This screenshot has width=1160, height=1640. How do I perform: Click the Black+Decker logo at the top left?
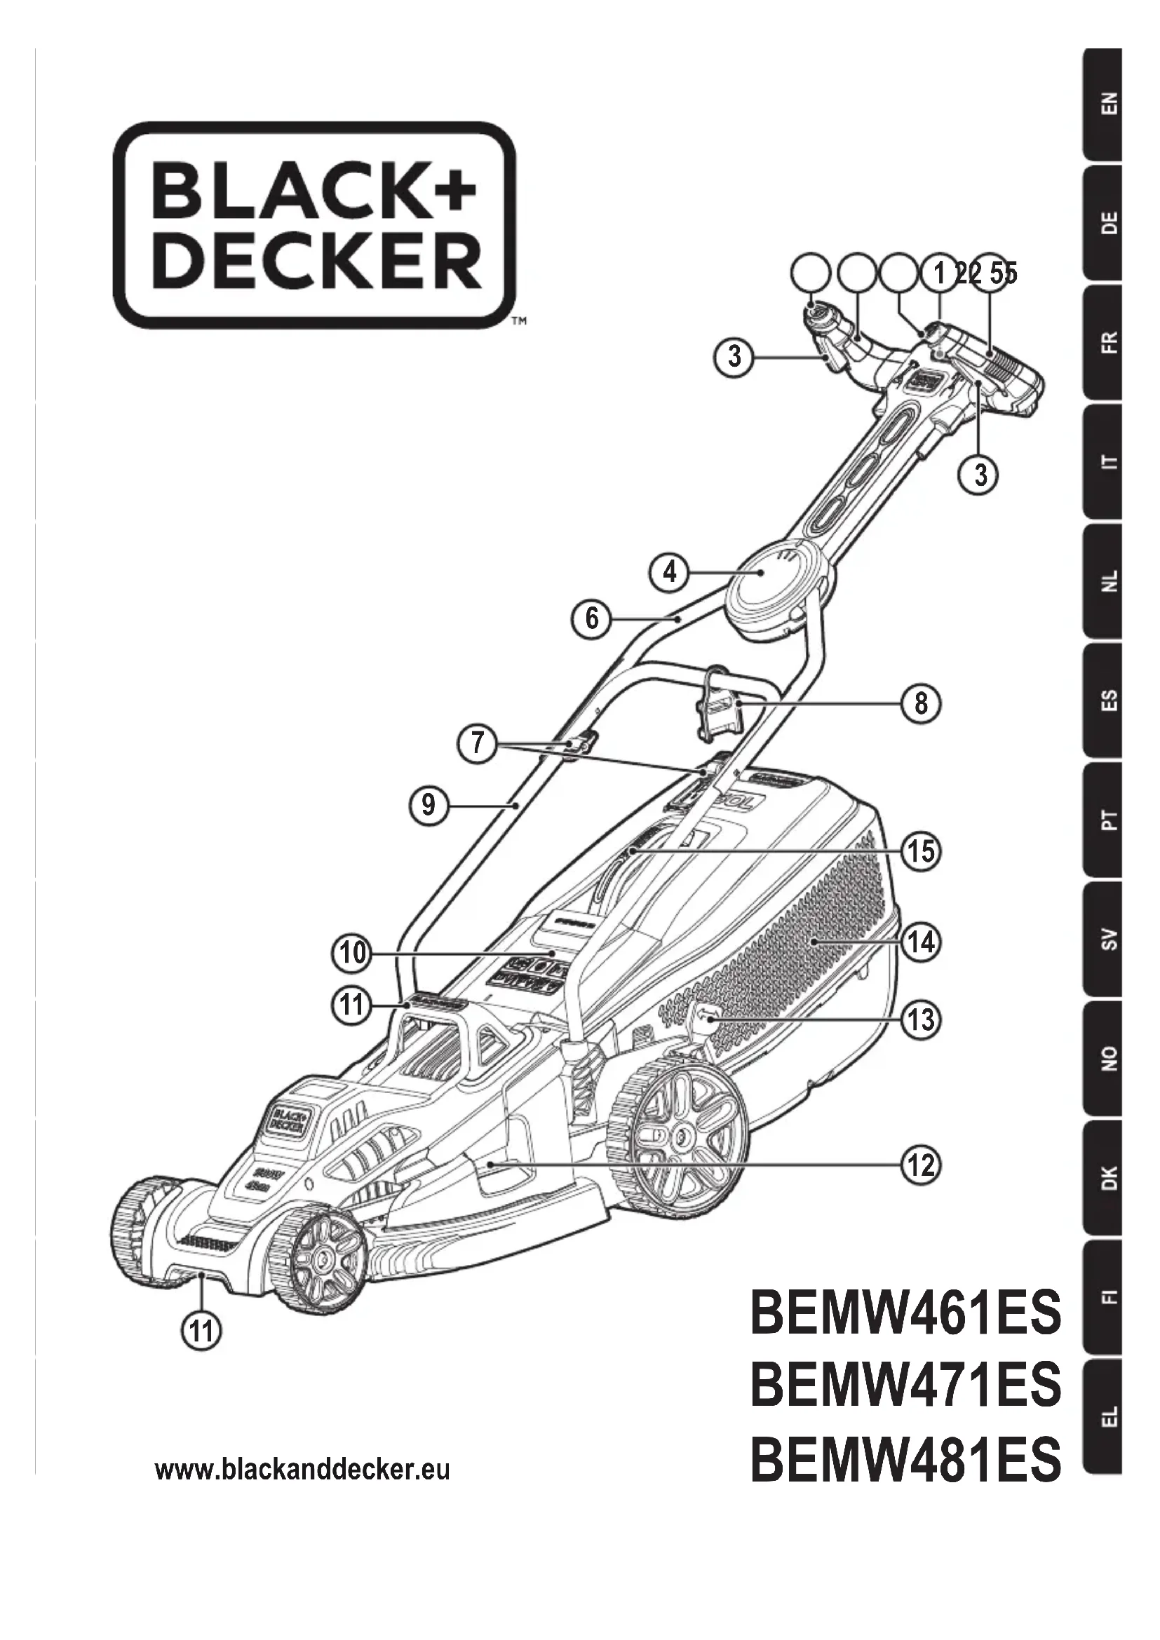(314, 224)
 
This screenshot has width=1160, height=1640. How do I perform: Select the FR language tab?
(1105, 342)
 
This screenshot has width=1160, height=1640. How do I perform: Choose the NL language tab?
(1105, 581)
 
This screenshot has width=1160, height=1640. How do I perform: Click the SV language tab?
(1105, 939)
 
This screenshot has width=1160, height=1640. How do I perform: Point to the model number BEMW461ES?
(905, 1315)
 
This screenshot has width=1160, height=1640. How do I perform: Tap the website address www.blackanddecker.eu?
(302, 1470)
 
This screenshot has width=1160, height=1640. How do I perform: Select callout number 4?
(669, 572)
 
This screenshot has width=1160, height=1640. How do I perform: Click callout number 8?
(921, 703)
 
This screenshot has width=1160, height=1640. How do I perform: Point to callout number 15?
(921, 851)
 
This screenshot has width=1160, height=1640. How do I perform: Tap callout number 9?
(428, 806)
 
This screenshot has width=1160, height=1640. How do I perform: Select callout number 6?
(591, 618)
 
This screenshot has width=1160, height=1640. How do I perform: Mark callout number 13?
(921, 1019)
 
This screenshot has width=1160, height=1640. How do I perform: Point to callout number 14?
(921, 942)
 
